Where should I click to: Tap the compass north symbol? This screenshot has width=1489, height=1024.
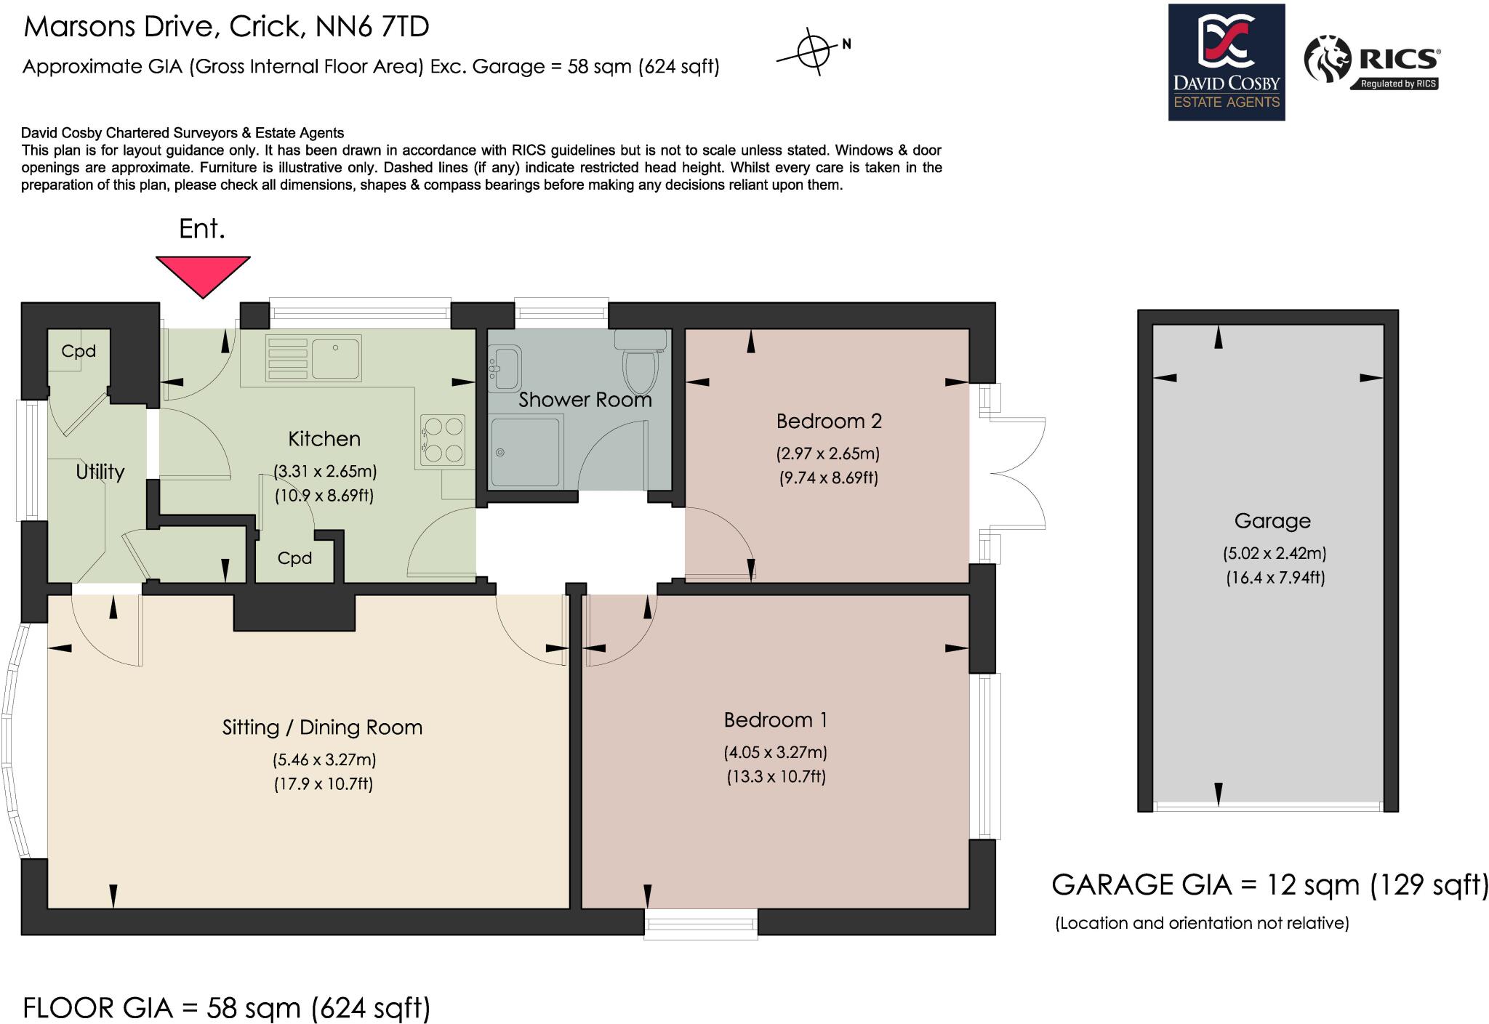click(x=814, y=52)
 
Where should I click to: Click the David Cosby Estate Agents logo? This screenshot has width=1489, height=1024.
click(x=1226, y=63)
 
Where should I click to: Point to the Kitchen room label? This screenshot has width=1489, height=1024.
click(x=324, y=439)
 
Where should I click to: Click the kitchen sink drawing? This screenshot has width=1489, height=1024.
click(x=335, y=358)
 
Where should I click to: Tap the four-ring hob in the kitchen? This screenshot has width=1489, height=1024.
click(x=444, y=439)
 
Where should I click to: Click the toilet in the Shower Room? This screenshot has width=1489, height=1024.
click(x=640, y=367)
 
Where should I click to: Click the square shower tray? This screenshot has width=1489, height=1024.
click(x=526, y=451)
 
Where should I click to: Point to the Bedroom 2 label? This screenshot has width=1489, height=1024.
click(x=828, y=421)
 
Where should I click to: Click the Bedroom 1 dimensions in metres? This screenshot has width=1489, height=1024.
click(x=775, y=752)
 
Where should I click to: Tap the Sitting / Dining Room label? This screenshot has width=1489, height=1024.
click(x=322, y=727)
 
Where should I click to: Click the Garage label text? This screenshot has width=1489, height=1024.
click(x=1272, y=521)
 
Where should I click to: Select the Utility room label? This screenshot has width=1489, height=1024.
click(x=100, y=472)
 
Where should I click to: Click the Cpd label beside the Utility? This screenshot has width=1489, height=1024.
click(x=79, y=351)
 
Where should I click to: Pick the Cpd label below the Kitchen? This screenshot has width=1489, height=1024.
click(x=294, y=558)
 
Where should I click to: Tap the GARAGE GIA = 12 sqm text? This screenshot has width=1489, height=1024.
click(x=1269, y=885)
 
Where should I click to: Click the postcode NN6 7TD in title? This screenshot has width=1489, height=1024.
click(x=372, y=27)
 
